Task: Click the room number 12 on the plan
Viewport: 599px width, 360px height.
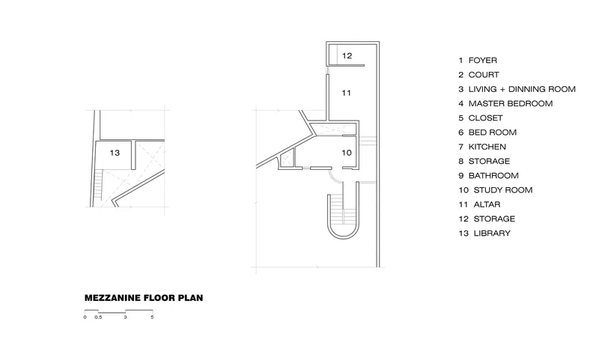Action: [347, 55]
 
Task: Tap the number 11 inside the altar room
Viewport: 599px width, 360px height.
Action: [346, 93]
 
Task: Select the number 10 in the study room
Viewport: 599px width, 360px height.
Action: [347, 153]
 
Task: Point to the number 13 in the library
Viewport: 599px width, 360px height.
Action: [115, 153]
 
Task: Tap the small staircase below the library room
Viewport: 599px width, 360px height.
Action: [99, 185]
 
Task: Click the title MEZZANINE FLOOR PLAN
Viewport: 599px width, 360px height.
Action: [144, 298]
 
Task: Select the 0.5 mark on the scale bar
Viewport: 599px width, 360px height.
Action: [98, 317]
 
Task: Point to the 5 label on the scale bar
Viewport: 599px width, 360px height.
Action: [152, 317]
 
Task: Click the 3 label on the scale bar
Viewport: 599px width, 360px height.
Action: [125, 317]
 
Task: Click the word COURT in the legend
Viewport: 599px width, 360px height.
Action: [484, 75]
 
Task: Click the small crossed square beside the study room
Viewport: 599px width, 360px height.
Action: [287, 160]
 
